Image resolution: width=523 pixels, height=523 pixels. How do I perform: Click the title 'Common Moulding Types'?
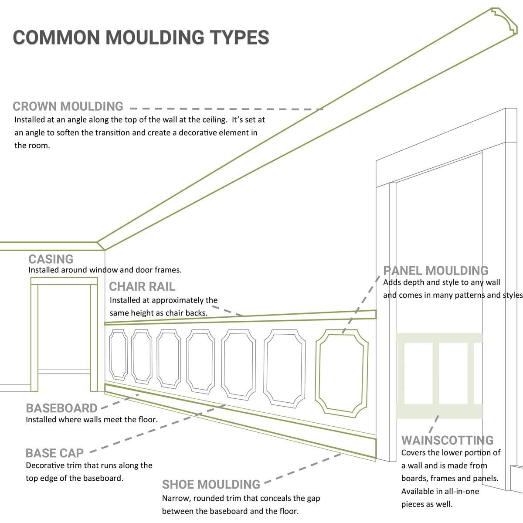[x=141, y=37]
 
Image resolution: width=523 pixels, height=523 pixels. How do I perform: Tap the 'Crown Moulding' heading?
[x=68, y=106]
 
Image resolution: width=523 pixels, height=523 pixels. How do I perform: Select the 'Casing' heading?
[x=51, y=259]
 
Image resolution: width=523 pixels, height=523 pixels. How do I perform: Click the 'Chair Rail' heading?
[x=142, y=287]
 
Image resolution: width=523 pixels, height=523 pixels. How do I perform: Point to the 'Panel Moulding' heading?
[x=436, y=271]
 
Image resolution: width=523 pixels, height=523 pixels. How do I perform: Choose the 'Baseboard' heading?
[x=61, y=408]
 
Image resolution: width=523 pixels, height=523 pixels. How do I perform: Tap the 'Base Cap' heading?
[x=54, y=453]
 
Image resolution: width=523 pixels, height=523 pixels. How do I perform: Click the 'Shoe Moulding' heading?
[x=211, y=485]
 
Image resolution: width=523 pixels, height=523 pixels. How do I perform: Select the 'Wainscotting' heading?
[x=447, y=440]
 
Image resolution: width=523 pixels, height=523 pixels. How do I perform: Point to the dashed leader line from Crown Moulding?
[x=227, y=109]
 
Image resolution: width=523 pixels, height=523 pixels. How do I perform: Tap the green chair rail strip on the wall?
[x=240, y=317]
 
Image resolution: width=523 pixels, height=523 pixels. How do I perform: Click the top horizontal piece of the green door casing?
[x=64, y=282]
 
